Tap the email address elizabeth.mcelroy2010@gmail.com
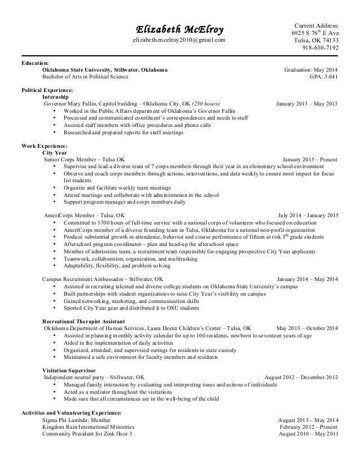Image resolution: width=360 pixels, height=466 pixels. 179,41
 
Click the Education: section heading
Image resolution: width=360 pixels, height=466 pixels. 35,63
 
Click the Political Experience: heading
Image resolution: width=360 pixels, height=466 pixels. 47,91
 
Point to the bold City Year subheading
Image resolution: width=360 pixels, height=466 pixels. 55,153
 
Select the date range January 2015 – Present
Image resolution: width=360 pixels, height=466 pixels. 310,160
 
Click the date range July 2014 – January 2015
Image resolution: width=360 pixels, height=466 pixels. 308,216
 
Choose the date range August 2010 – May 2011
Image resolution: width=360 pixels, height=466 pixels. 309,434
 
